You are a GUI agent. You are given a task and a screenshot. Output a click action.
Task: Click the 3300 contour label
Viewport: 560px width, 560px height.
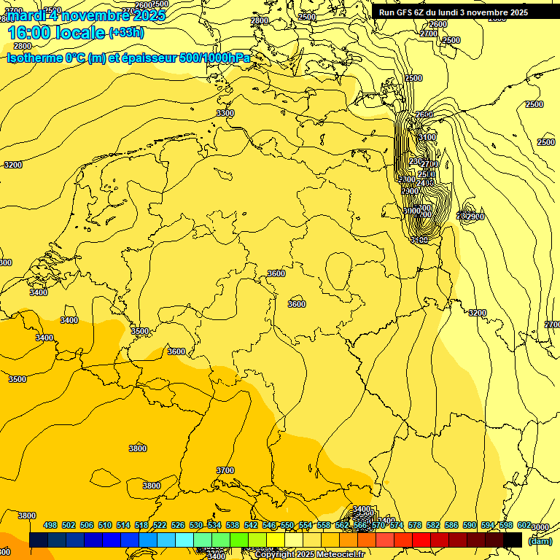[x=225, y=113]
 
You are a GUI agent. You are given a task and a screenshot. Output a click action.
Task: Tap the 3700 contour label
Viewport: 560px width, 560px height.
[x=225, y=470]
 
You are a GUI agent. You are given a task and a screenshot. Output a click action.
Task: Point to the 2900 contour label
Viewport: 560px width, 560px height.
[x=475, y=217]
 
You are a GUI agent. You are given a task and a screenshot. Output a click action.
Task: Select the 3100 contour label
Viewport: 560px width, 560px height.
[x=427, y=137]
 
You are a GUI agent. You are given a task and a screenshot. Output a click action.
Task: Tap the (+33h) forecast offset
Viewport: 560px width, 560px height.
[x=126, y=32]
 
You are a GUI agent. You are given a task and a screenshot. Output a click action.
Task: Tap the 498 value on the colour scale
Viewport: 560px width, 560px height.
[x=50, y=525]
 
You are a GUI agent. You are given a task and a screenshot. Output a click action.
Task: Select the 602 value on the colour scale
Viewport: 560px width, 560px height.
[x=524, y=525]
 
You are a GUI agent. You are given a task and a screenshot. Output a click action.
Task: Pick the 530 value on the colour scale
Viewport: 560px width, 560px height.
[x=196, y=525]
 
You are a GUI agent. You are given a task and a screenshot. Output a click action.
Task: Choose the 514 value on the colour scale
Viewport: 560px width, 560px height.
[x=123, y=525]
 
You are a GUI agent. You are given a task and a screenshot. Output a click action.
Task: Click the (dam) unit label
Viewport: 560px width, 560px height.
[x=540, y=540]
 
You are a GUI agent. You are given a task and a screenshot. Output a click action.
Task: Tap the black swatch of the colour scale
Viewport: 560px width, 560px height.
[x=513, y=540]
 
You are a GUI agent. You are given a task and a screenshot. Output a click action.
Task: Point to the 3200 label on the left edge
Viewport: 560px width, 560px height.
[x=13, y=165]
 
